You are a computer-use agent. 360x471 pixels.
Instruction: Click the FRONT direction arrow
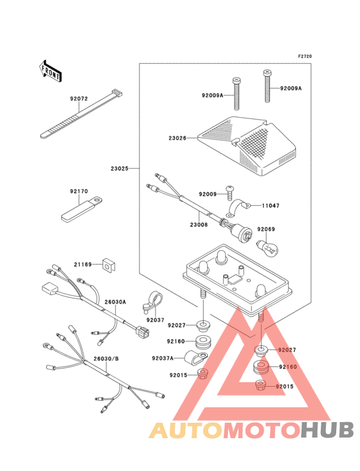point(50,71)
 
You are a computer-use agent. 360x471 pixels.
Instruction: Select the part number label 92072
point(79,99)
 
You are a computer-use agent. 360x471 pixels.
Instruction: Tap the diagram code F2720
point(305,56)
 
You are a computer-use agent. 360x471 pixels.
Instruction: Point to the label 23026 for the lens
point(177,138)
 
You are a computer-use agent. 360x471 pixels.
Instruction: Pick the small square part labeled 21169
point(109,264)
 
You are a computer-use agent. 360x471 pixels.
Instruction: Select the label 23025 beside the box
point(120,169)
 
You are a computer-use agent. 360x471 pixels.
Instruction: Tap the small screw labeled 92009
point(230,192)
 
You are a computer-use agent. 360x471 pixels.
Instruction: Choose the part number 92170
point(79,191)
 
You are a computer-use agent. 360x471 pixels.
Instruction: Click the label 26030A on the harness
point(115,302)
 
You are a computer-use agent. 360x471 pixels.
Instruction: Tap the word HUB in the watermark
point(328,430)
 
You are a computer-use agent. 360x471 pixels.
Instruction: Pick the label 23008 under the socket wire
point(199,225)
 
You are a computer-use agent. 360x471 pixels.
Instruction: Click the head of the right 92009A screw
point(267,73)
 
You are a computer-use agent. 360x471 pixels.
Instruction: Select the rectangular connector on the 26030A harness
point(50,290)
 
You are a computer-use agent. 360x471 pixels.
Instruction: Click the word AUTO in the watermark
point(186,430)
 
